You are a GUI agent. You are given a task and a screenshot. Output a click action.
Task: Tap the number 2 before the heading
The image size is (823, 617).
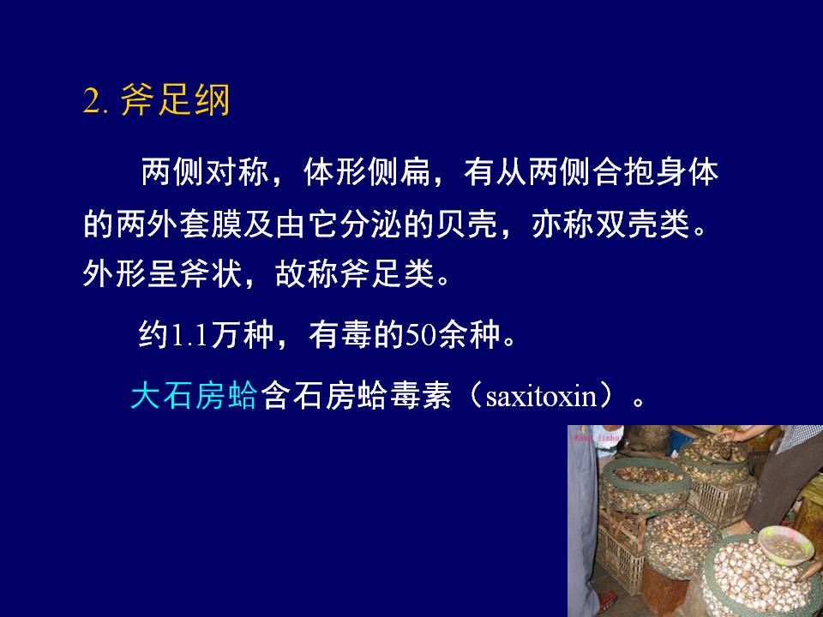click(x=92, y=101)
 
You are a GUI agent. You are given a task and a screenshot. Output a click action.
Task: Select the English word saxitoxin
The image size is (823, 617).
click(x=541, y=396)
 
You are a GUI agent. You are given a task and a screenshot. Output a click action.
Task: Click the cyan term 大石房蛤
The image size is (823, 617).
click(x=195, y=395)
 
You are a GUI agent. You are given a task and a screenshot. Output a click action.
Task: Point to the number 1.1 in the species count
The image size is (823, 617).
click(x=190, y=335)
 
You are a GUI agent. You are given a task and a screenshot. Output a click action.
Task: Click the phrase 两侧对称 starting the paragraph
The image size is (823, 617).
click(x=205, y=171)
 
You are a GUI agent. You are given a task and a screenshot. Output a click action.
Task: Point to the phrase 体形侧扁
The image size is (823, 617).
click(x=366, y=171)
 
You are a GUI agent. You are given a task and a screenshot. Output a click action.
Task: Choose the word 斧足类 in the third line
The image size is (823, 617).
click(x=387, y=273)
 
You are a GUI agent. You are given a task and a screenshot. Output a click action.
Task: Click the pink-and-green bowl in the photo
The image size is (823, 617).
click(x=784, y=546)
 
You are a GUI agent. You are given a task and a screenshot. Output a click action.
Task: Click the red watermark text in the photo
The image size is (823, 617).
click(x=598, y=436)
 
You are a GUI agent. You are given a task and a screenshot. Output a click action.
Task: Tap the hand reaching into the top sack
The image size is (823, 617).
click(x=731, y=434)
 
